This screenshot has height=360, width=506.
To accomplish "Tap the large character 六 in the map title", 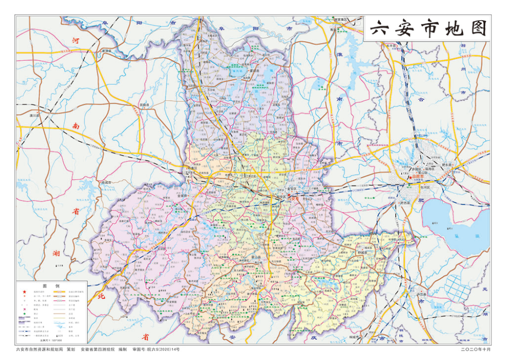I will click(379, 29).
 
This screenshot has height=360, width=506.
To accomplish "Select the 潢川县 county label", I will click(35, 115).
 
